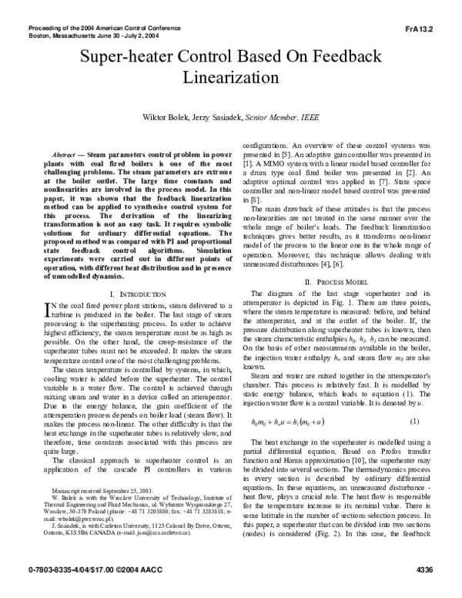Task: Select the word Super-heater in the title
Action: pos(126,57)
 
